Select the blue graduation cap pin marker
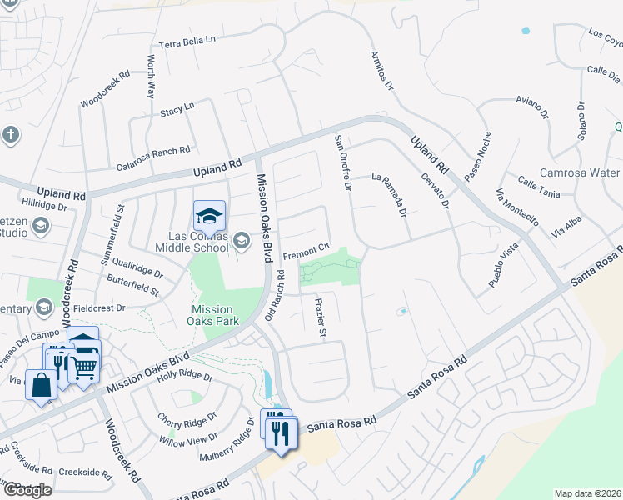[x=209, y=217]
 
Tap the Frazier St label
[x=320, y=317]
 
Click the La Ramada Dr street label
[x=388, y=194]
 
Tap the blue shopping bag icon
[x=41, y=386]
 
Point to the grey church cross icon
[x=11, y=134]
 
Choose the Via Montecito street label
[x=518, y=207]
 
